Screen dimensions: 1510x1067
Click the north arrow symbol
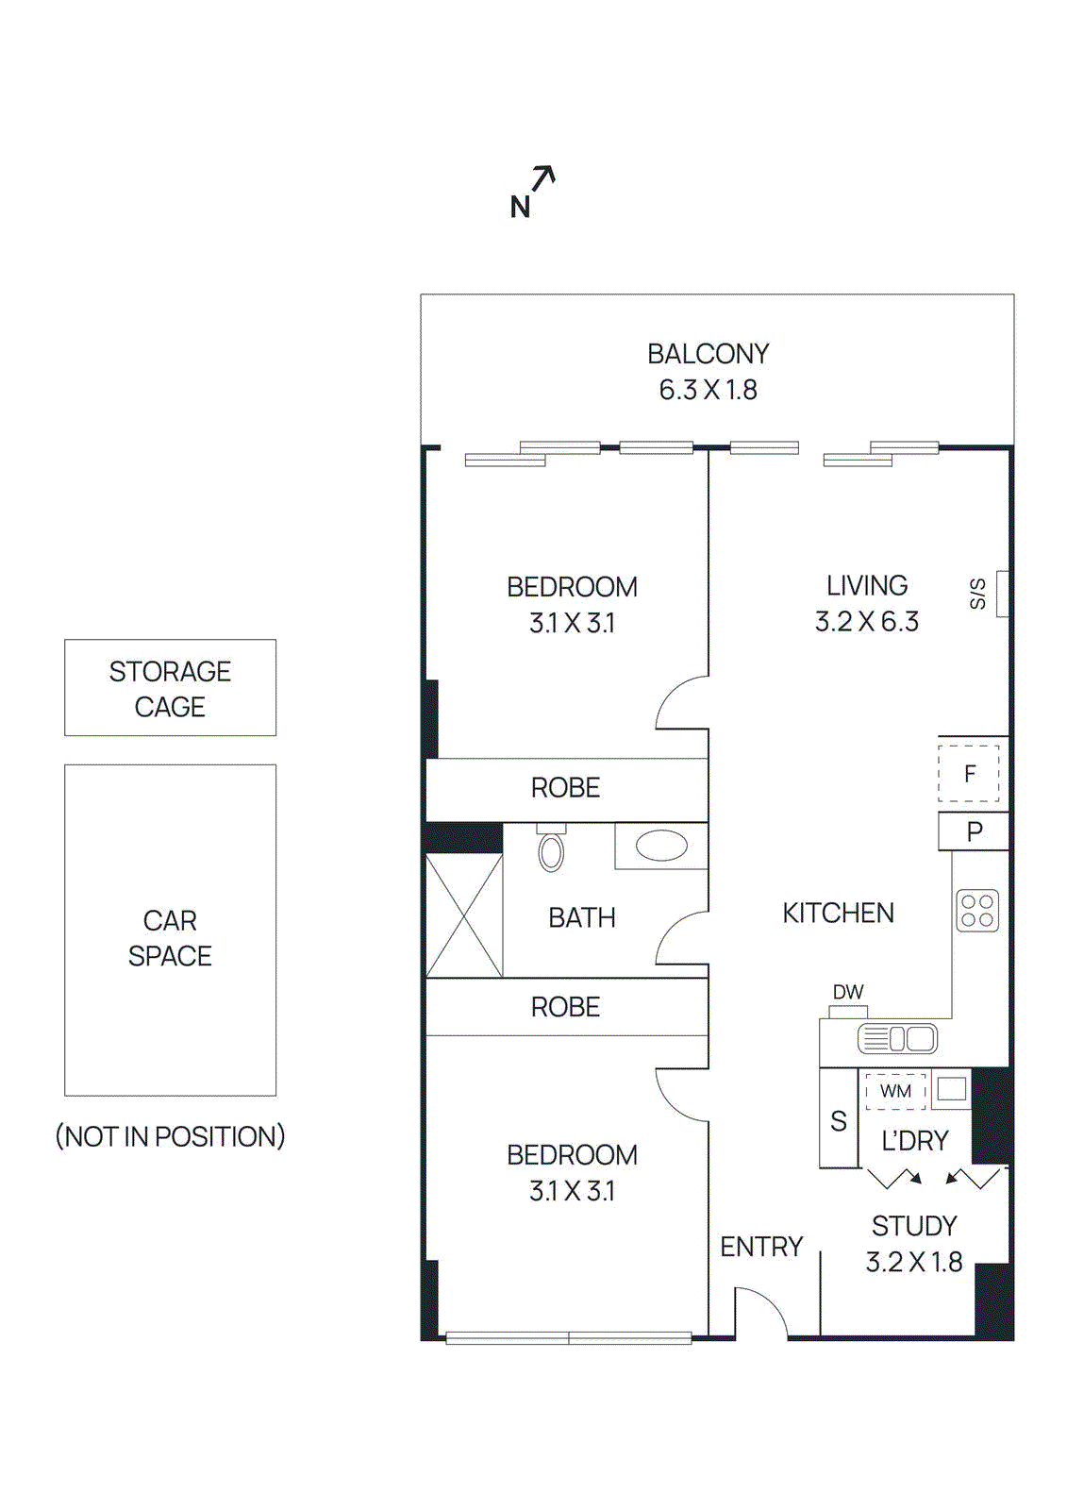[542, 179]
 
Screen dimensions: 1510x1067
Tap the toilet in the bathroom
[551, 849]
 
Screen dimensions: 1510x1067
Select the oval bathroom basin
[661, 846]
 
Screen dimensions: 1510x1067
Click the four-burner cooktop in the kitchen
[976, 911]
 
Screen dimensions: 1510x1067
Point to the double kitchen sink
[898, 1039]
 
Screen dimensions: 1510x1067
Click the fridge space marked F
[969, 775]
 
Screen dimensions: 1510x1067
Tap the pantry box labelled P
[974, 831]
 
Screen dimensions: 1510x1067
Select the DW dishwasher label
[847, 993]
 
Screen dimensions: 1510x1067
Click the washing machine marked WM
[895, 1091]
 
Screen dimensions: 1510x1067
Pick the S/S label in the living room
[978, 594]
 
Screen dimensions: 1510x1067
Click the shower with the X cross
[463, 915]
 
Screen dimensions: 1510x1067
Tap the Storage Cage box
[170, 688]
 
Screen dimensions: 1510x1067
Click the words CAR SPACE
[170, 938]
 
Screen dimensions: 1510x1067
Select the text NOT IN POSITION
[170, 1136]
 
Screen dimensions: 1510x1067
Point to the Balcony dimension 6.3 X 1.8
[708, 390]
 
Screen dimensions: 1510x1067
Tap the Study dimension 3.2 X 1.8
[913, 1263]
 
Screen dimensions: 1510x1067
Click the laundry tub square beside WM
[951, 1088]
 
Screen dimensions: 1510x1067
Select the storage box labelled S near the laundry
[838, 1121]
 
